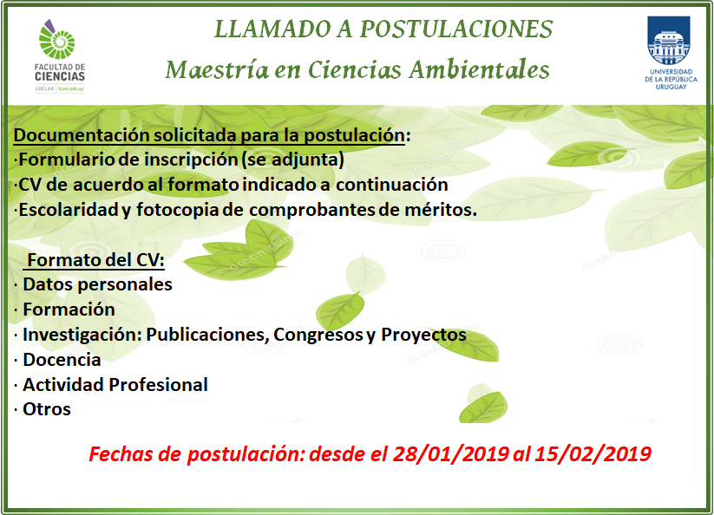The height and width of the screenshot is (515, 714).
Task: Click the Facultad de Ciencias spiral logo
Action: [x=56, y=39]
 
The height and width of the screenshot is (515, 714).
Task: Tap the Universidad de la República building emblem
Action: [x=669, y=41]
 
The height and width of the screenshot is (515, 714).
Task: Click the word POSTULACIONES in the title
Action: [x=456, y=29]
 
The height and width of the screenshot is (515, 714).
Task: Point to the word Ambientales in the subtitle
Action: [x=479, y=69]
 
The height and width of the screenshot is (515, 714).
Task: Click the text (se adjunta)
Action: [x=292, y=160]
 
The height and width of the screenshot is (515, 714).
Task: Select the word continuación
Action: [x=392, y=185]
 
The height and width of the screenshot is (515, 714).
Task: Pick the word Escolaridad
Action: [x=69, y=210]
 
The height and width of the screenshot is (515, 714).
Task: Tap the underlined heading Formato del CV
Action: [x=95, y=260]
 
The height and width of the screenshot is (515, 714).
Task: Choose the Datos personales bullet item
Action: [x=97, y=284]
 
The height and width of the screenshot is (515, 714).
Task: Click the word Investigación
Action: [x=82, y=335]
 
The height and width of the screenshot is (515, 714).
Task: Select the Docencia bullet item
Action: [x=62, y=360]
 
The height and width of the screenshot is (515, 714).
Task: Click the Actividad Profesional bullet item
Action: [x=115, y=385]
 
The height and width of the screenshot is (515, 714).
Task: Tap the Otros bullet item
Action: [x=47, y=409]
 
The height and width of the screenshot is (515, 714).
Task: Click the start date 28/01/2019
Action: [x=451, y=454]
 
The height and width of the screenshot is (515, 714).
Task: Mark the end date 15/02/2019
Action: [x=593, y=454]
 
